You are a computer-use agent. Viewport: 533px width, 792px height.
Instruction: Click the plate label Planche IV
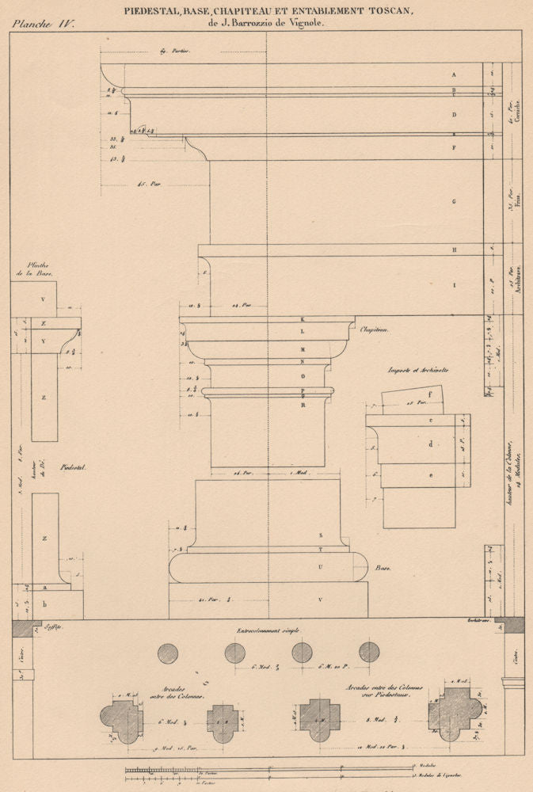(42, 24)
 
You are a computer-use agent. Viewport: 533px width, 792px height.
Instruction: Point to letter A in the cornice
(454, 74)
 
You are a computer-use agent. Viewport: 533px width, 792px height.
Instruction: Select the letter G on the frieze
(454, 202)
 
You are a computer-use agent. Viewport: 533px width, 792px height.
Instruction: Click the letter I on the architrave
(454, 284)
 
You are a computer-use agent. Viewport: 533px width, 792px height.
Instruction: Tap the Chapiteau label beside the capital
(375, 329)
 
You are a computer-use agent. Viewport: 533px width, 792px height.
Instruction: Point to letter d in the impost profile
(430, 444)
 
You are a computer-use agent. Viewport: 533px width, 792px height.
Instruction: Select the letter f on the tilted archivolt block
(429, 393)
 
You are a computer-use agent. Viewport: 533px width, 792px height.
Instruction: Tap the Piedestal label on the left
(73, 468)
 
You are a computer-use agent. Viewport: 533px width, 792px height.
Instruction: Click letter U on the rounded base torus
(321, 567)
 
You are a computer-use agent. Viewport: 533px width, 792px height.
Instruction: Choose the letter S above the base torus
(321, 535)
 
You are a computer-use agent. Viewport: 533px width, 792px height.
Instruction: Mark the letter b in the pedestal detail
(44, 604)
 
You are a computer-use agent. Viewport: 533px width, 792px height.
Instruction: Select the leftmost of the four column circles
(168, 653)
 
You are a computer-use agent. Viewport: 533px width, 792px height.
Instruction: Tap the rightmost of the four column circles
(369, 653)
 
